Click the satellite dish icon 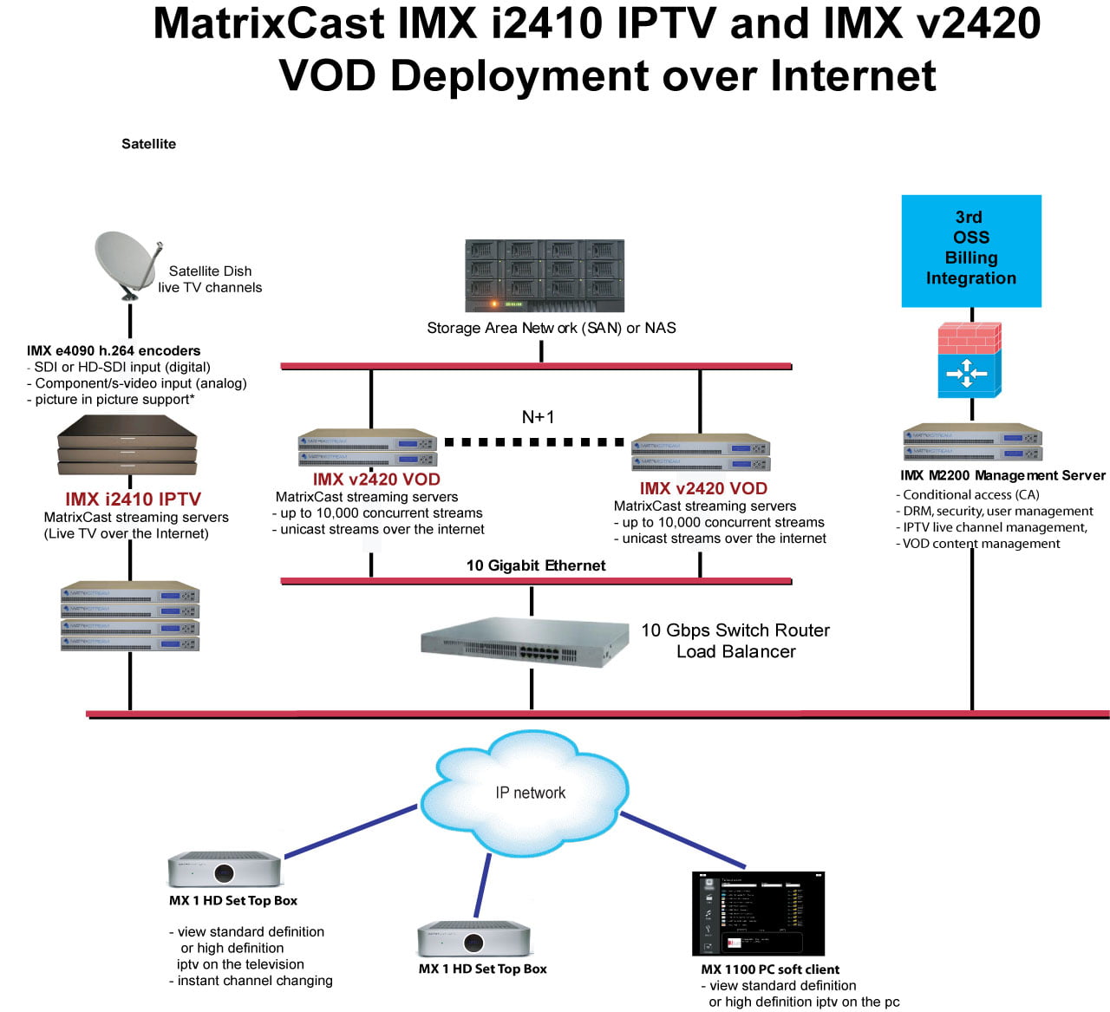coord(127,264)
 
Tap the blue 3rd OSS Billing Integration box coord(971,251)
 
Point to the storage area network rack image coord(545,276)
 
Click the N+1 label coord(538,417)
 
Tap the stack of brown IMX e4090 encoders coord(127,445)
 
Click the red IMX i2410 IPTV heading coord(133,499)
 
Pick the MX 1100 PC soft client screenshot coord(758,913)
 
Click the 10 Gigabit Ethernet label coord(536,565)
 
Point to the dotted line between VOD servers coord(534,442)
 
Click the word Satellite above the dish coord(148,144)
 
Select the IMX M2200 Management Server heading coord(1002,475)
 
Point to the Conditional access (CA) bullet coord(968,494)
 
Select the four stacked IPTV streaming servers coord(130,617)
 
